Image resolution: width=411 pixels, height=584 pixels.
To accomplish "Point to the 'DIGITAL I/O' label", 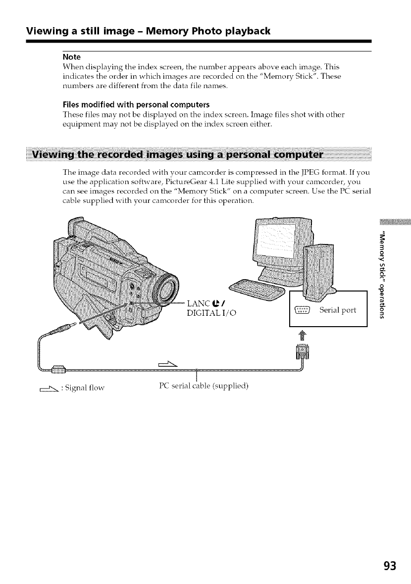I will (x=212, y=312).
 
